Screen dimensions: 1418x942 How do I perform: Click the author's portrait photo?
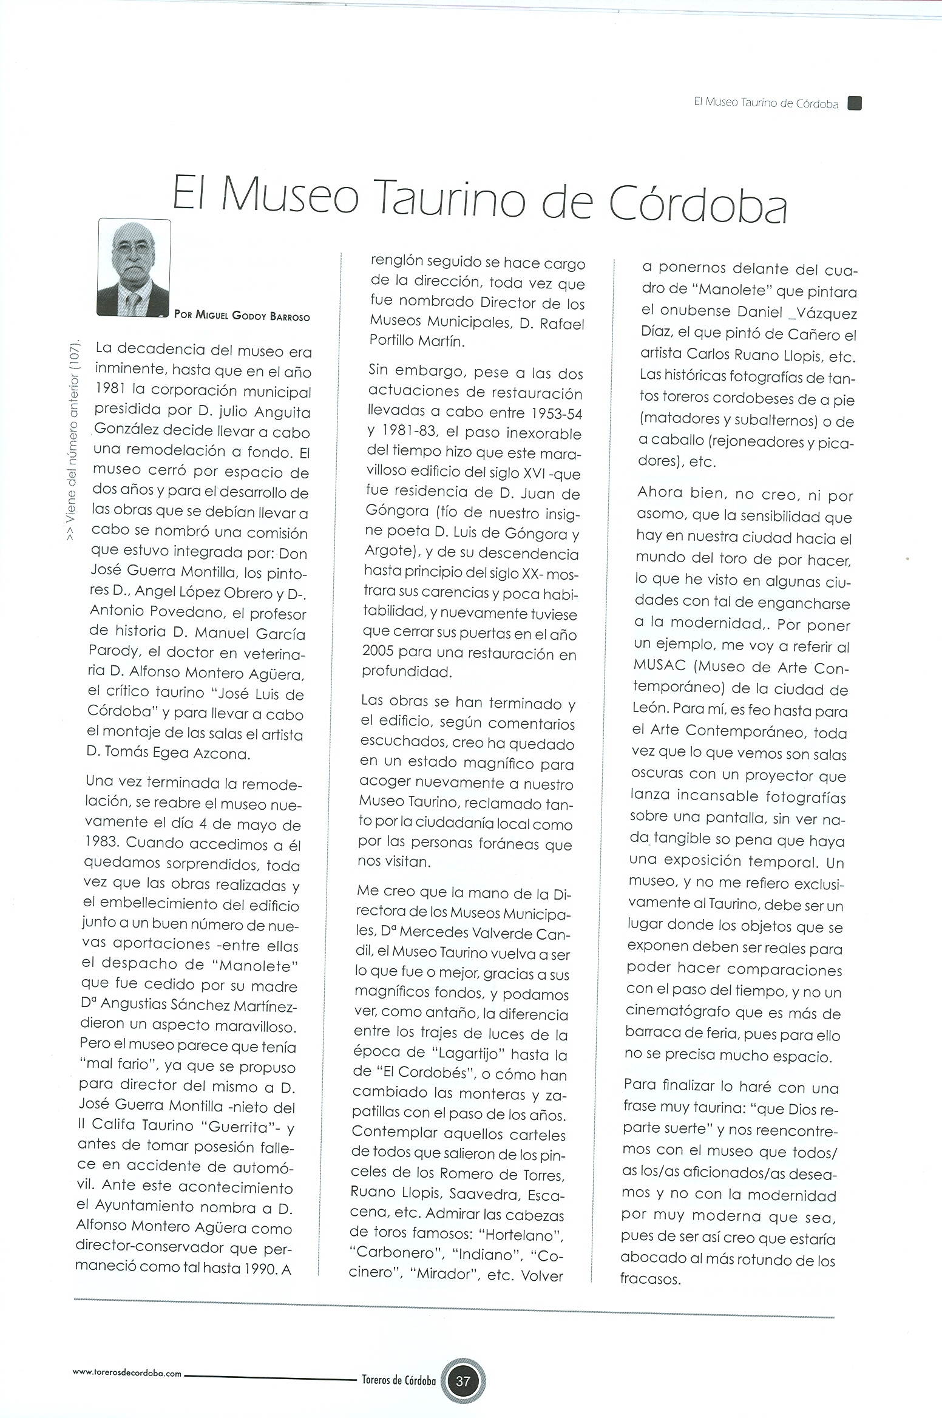tap(134, 267)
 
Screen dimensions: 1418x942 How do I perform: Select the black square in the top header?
tap(855, 103)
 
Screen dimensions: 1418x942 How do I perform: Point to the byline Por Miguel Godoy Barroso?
tap(242, 316)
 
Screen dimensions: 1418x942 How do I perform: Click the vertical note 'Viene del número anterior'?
tap(71, 438)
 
